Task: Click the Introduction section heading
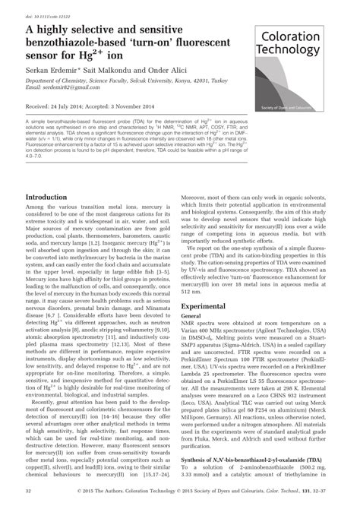tap(46, 197)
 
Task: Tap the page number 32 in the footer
tap(29, 492)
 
